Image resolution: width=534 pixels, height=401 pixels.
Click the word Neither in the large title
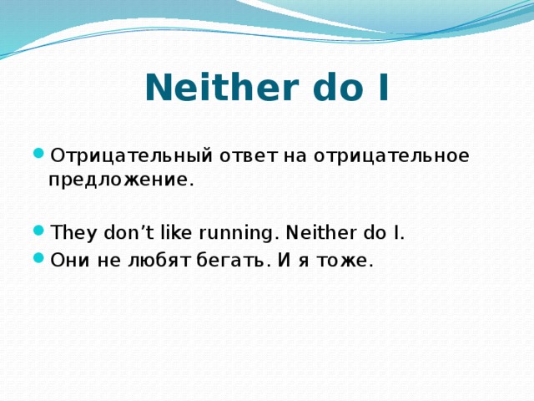click(222, 87)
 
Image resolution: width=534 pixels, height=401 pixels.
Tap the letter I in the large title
click(383, 87)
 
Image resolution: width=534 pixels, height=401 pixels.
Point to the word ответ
click(249, 156)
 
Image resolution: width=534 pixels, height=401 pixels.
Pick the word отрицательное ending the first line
click(391, 156)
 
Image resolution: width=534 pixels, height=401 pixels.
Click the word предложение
click(121, 180)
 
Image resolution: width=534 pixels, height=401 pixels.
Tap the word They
click(73, 233)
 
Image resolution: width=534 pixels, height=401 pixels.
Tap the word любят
click(159, 261)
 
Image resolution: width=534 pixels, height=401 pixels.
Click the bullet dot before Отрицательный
click(39, 153)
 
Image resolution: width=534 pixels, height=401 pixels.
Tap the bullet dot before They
click(39, 231)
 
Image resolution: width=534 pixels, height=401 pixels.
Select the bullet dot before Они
click(39, 258)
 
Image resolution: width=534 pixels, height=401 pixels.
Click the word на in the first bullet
click(295, 157)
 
